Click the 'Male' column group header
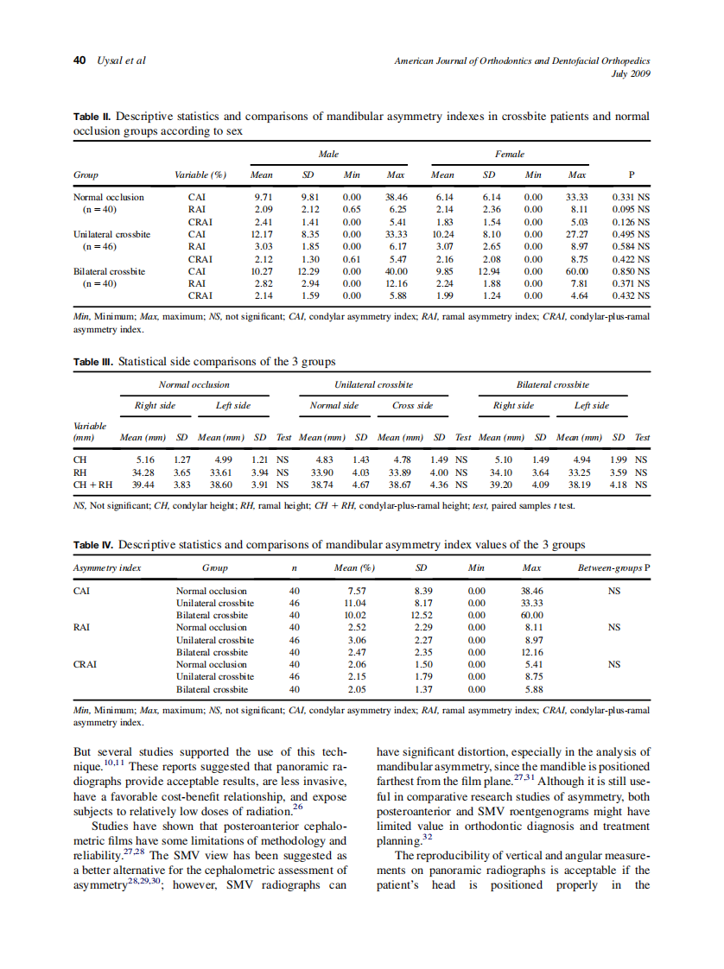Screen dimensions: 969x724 point(328,154)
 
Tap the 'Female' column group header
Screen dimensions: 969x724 point(510,154)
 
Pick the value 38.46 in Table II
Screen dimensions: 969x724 point(396,197)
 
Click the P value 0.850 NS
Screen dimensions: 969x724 point(631,270)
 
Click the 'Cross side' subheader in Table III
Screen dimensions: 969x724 point(412,405)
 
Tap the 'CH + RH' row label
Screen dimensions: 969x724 point(89,485)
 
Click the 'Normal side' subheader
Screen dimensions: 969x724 point(334,405)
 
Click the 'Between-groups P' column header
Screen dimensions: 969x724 point(613,568)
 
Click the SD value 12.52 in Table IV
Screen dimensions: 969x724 point(422,616)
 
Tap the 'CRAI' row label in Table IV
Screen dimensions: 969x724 point(85,665)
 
